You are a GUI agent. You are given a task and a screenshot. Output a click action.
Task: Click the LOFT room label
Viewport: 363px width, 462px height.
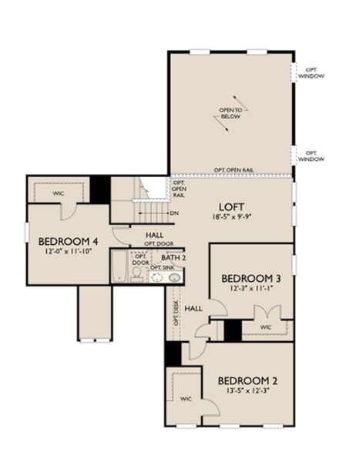pyautogui.click(x=231, y=206)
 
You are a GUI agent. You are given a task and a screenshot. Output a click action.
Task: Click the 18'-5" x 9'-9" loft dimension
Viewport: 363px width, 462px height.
pyautogui.click(x=232, y=218)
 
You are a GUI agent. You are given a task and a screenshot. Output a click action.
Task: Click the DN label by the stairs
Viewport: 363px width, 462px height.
pyautogui.click(x=174, y=214)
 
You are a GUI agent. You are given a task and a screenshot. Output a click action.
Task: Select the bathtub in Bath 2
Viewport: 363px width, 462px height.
pyautogui.click(x=119, y=267)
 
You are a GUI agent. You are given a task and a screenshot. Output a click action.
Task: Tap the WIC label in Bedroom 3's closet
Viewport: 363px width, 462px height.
pyautogui.click(x=267, y=327)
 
